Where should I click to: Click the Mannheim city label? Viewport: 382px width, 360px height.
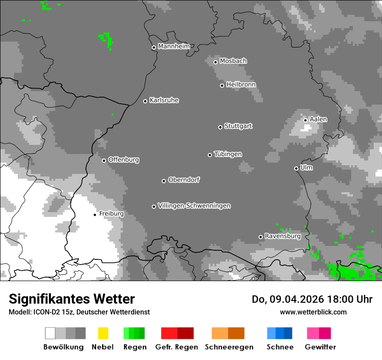pos(174,46)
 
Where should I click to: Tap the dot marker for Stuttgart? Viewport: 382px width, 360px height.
pos(220,127)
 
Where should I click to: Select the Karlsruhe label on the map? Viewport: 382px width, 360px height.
pos(164,100)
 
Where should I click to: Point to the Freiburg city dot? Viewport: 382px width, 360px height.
pos(95,215)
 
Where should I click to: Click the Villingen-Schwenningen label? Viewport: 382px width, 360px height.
pos(194,206)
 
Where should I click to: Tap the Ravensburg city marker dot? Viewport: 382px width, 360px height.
pos(260,237)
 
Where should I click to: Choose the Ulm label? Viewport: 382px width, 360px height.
pos(306,167)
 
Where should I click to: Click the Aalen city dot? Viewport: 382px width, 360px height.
pos(305,120)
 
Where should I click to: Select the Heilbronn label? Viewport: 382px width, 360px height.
pos(241,85)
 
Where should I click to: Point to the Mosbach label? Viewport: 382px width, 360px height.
pos(233,61)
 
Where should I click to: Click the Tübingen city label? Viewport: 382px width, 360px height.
pos(228,154)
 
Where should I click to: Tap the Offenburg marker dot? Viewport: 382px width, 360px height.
pos(104,160)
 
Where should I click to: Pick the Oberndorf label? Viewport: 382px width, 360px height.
pos(184,180)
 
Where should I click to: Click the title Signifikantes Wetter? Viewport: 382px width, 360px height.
pos(72,299)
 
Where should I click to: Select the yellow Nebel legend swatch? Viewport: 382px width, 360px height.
pos(103,333)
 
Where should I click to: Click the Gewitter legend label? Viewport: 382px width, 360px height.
pos(320,347)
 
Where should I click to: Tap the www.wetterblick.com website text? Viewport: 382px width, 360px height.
pos(313,312)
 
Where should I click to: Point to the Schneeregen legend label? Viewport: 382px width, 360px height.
pos(229,347)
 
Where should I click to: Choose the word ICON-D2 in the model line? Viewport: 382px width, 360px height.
pos(45,312)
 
